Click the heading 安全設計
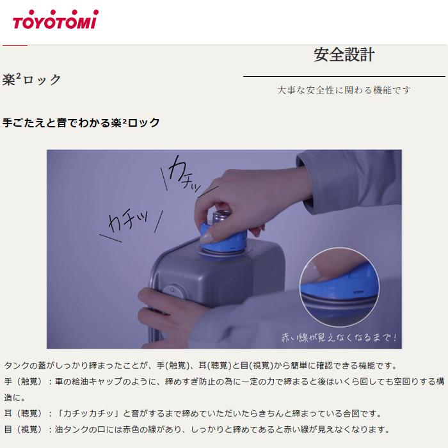point(344,54)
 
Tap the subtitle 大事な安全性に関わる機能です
point(344,90)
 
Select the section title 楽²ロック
point(32,80)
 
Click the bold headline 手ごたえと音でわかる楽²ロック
point(81,122)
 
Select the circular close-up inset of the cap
point(339,285)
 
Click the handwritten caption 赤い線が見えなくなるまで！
point(339,337)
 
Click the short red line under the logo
point(15,45)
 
